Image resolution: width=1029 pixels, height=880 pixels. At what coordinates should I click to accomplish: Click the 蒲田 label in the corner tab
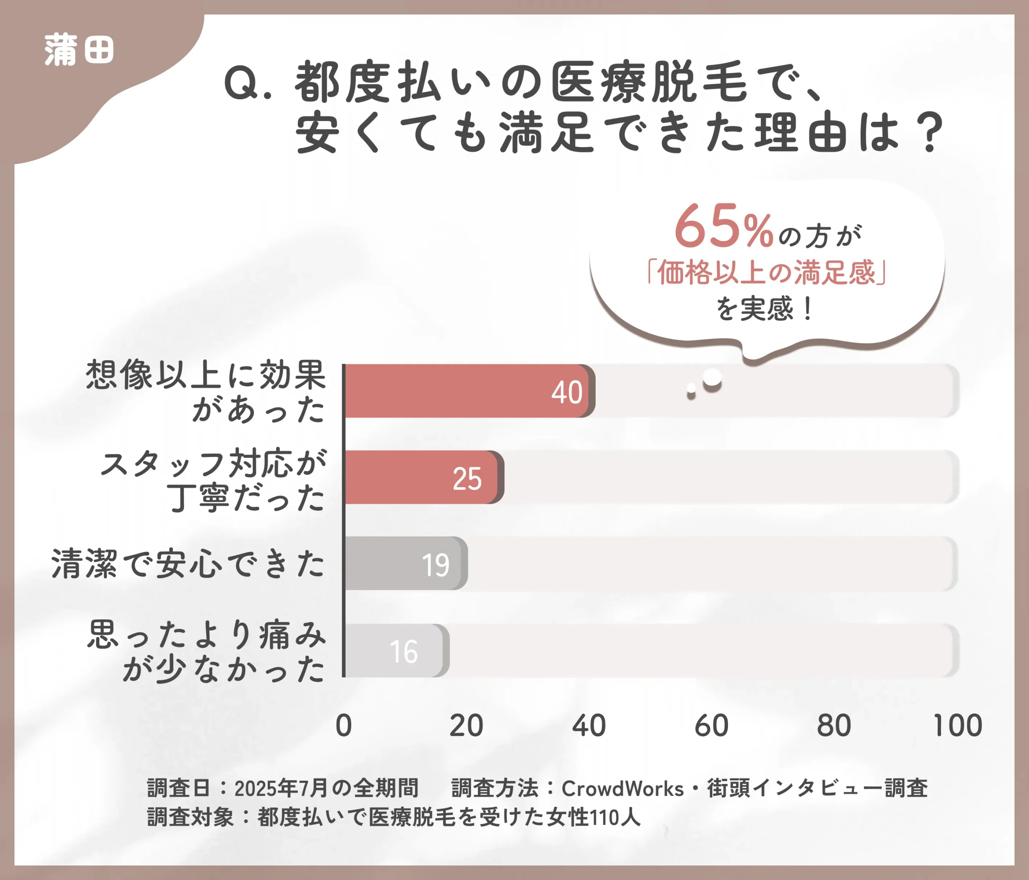coord(79,50)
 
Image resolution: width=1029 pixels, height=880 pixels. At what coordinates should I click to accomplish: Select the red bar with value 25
coord(422,477)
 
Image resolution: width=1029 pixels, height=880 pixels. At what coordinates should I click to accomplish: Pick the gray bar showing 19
coord(405,564)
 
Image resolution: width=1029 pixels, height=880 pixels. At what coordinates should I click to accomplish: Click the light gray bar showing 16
coord(395,650)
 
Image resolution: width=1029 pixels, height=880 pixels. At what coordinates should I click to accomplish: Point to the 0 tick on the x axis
coord(344,726)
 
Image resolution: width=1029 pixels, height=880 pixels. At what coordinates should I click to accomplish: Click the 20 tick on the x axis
coord(466,726)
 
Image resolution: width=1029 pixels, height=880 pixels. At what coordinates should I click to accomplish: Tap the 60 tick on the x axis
coord(711,726)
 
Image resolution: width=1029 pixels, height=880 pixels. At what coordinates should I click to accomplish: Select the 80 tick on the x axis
coord(834,726)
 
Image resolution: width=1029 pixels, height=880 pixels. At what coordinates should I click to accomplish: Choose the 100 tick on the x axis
coord(957,726)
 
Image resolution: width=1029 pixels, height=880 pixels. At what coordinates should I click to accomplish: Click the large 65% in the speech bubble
coord(724,227)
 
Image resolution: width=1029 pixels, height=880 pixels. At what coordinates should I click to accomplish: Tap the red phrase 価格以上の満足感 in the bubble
coord(767,273)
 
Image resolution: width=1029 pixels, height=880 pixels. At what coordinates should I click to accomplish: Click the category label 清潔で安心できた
coord(188,564)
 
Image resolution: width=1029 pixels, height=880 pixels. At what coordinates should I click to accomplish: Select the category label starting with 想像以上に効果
coord(206,391)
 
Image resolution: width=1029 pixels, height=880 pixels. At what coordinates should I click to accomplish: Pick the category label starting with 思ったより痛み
coord(207,651)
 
